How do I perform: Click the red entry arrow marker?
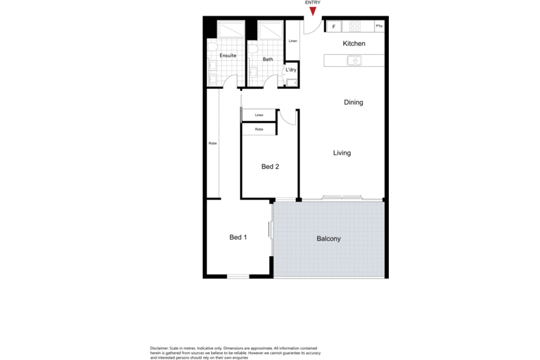pos(313,11)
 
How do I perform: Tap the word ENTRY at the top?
pos(313,3)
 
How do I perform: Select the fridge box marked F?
pos(334,27)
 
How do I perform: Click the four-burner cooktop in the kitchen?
pos(355,27)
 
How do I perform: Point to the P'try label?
pos(379,27)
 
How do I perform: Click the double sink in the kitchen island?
pos(354,61)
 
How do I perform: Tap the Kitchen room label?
pos(354,44)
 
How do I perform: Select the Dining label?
pos(353,102)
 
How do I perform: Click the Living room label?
pos(342,153)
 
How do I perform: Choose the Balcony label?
pos(328,239)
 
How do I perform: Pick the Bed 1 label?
pos(238,238)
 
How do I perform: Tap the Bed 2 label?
pos(270,167)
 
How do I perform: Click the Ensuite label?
pos(228,55)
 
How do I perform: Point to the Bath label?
pos(268,59)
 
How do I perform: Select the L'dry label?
pos(291,70)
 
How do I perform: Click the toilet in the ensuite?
pos(213,48)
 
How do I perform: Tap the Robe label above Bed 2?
pos(259,129)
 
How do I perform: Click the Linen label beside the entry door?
pos(293,42)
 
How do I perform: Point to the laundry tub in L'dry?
pos(292,83)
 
